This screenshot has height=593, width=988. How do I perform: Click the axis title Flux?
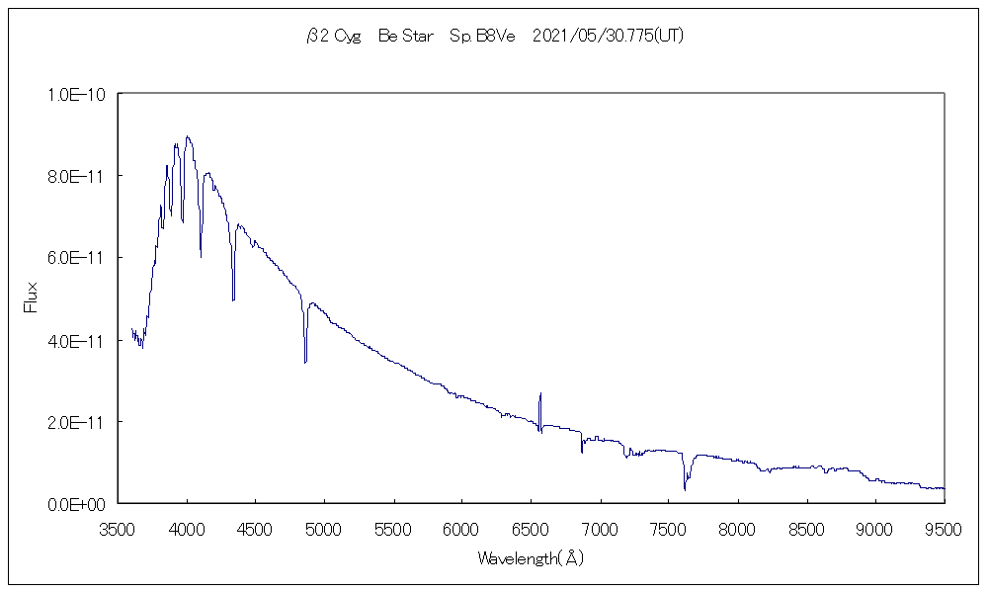click(x=31, y=297)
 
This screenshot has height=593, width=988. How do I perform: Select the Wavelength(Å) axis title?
click(x=531, y=559)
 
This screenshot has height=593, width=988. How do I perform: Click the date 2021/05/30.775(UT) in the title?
click(x=608, y=37)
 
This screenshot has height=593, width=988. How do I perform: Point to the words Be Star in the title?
click(x=406, y=37)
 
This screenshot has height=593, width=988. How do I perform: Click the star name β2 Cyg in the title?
click(x=333, y=37)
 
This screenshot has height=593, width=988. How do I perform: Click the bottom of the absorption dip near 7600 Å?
click(x=685, y=488)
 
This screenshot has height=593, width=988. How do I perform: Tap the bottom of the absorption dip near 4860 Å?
click(x=305, y=362)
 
